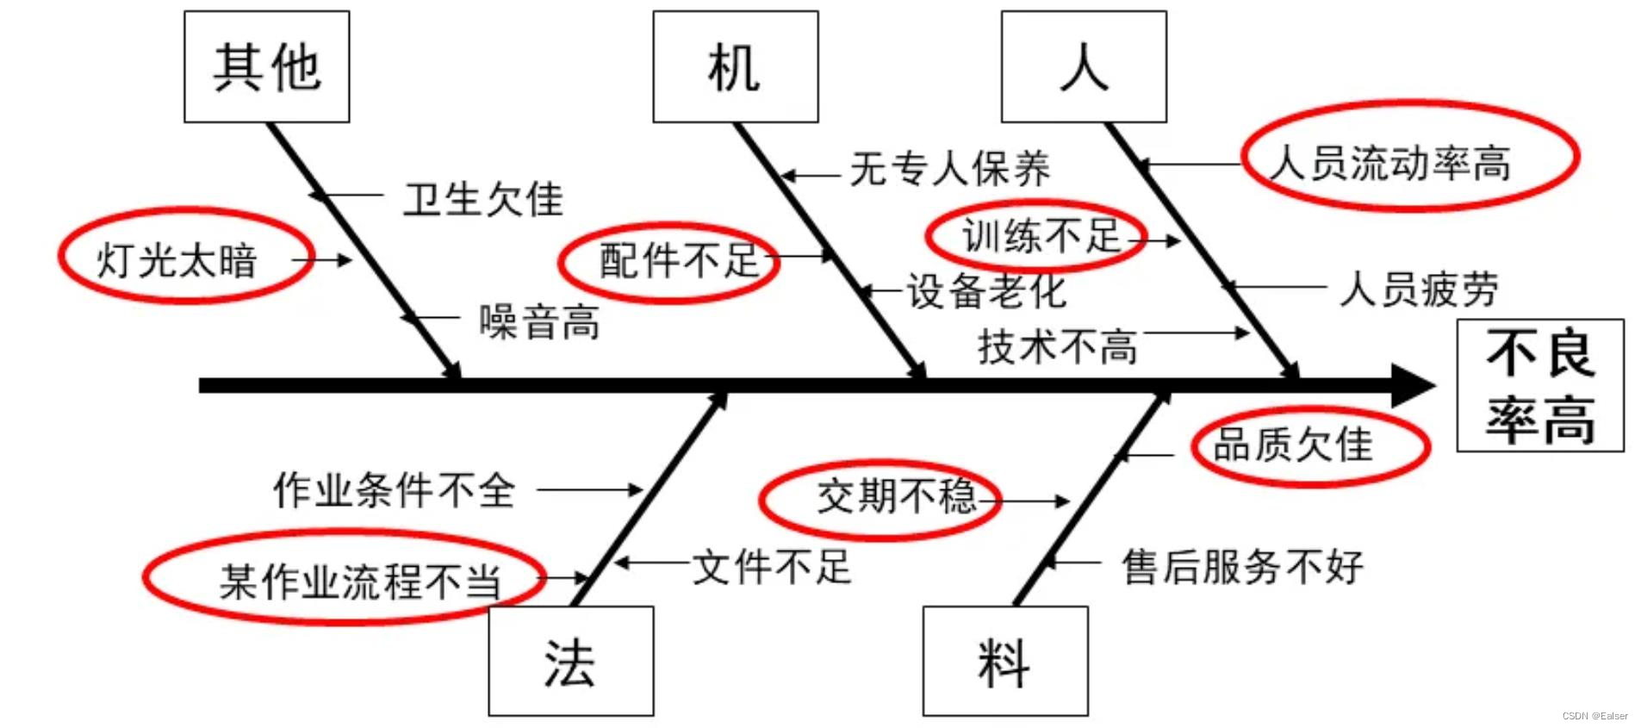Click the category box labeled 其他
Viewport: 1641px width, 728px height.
coord(267,67)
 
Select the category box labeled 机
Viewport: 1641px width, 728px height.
coord(735,67)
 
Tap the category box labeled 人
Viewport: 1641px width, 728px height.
coord(1084,67)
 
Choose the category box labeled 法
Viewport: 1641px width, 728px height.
coord(570,662)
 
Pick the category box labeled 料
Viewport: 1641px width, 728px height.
coord(1004,662)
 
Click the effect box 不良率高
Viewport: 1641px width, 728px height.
coord(1540,385)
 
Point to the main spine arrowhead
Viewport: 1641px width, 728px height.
coord(1413,385)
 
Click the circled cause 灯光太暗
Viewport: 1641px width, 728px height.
coord(177,258)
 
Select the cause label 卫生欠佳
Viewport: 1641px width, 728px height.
coord(483,200)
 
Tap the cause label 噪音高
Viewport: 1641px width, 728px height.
coord(539,322)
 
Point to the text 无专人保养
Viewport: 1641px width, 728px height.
coord(949,168)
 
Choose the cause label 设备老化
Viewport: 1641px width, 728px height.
coord(986,291)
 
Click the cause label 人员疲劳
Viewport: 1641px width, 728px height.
coord(1419,289)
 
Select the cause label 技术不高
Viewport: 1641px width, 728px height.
coord(1057,346)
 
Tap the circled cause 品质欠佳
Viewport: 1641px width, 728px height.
coord(1293,445)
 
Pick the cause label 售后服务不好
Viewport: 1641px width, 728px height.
coord(1242,567)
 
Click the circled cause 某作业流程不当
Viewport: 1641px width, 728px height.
coord(359,581)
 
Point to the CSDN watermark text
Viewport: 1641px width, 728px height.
coord(1594,716)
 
